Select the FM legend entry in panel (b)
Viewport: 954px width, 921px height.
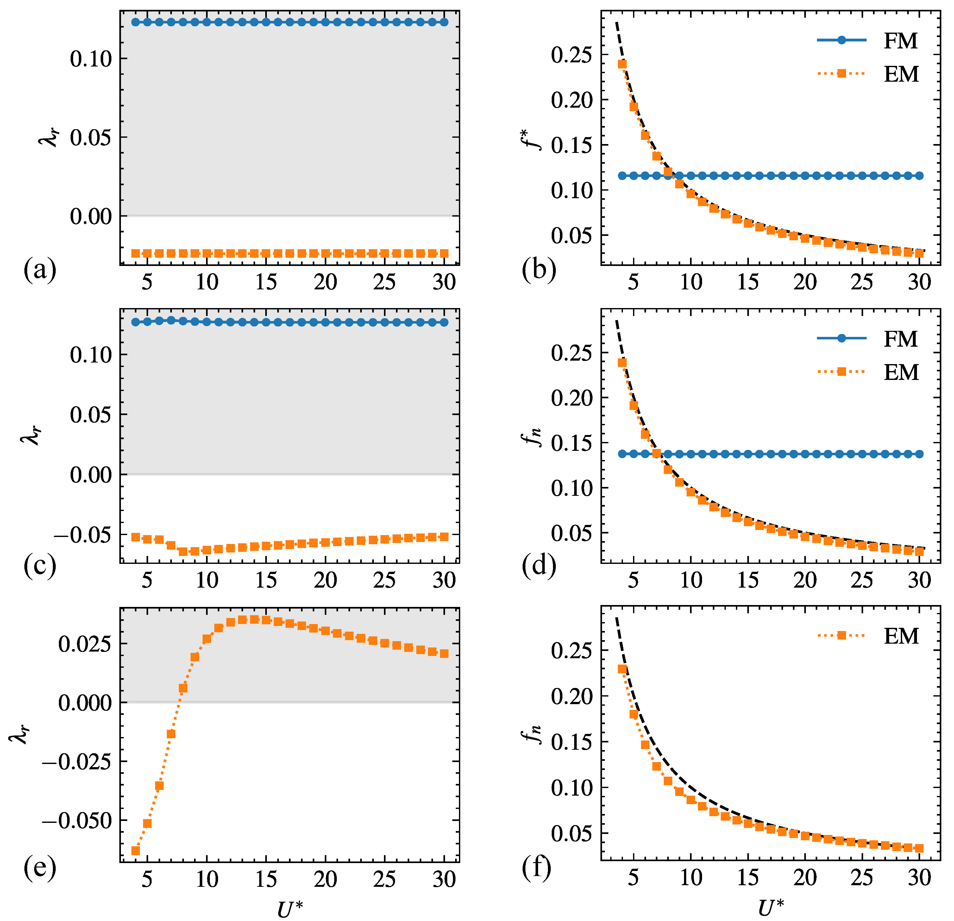coord(869,41)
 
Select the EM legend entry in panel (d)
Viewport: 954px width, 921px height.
coord(869,372)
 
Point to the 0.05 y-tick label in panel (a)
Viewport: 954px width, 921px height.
coord(91,138)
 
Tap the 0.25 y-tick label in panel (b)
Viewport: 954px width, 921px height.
coord(572,55)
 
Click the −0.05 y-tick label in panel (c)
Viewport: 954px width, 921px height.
coord(83,535)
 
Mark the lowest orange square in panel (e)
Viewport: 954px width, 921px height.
coord(135,850)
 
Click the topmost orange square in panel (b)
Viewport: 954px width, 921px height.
coord(622,64)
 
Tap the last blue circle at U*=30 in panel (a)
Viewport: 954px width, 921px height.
coord(444,22)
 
